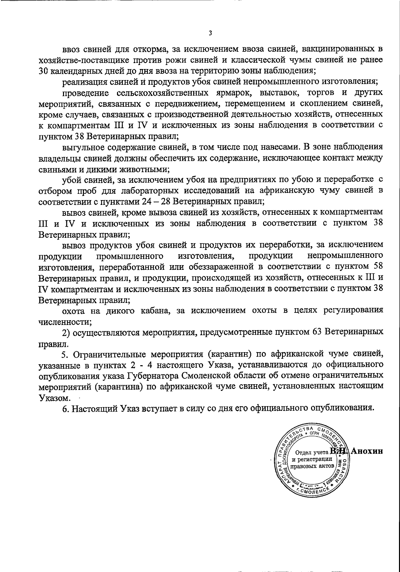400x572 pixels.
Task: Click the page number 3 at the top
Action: tap(210, 33)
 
